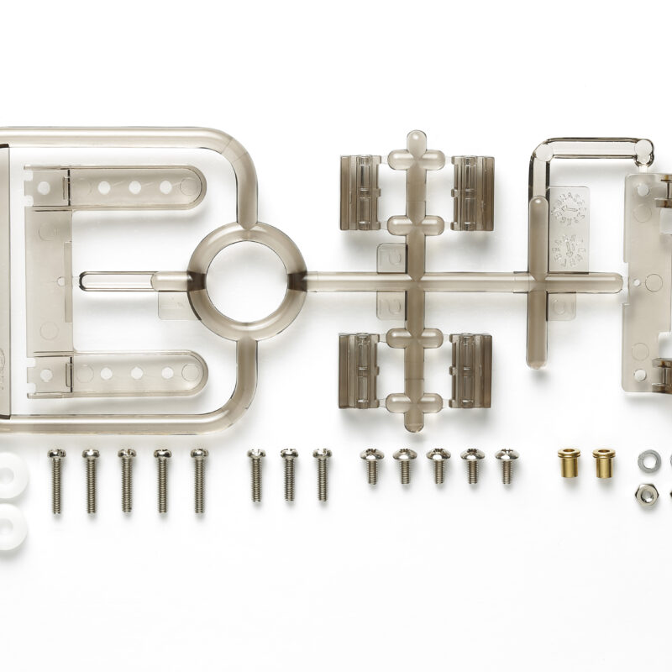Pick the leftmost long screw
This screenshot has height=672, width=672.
point(55,479)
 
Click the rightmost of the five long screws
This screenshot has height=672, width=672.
point(198,479)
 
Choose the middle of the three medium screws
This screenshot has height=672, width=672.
point(289,475)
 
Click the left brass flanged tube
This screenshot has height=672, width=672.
point(567,463)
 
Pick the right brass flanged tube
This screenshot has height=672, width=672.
point(602,463)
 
